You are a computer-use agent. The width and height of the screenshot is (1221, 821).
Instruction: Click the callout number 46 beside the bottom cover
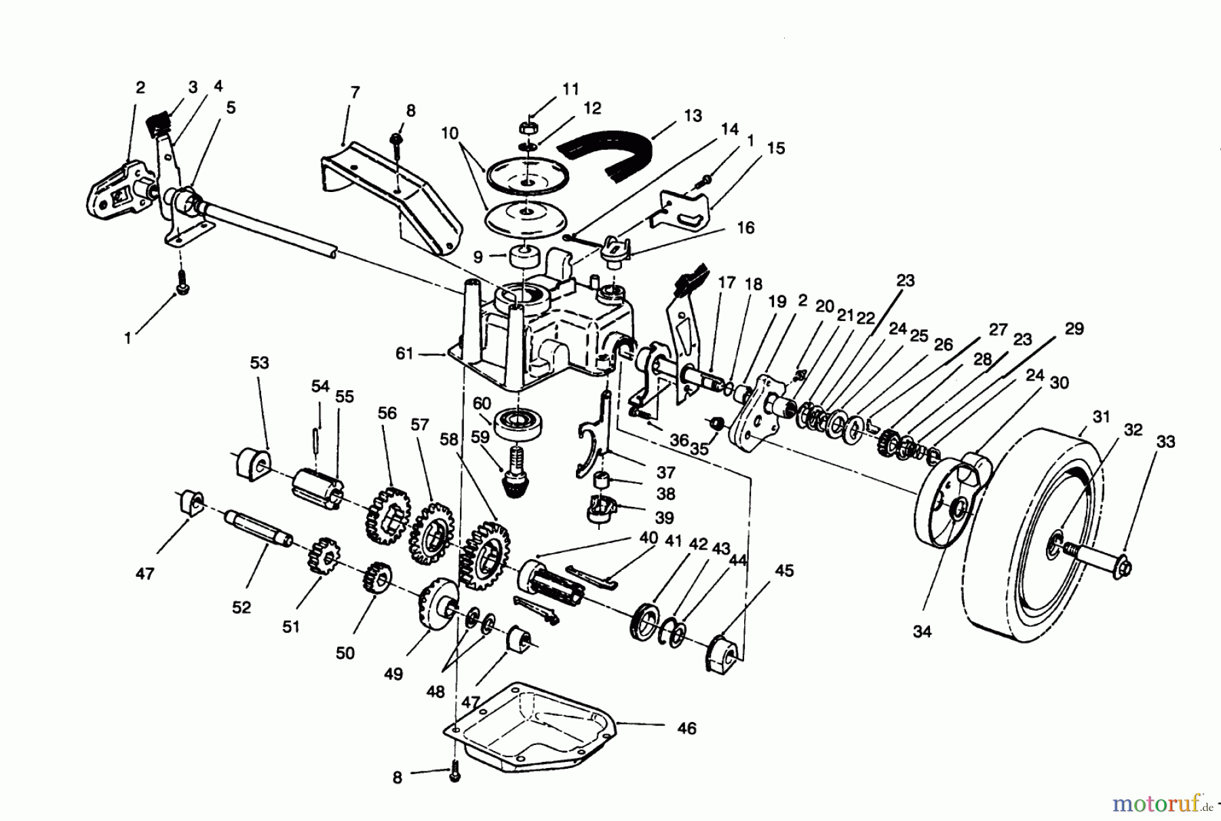coord(686,729)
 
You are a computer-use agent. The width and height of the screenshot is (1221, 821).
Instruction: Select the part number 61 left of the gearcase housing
coord(404,354)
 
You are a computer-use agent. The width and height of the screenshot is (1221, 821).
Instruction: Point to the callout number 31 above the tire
coord(1102,417)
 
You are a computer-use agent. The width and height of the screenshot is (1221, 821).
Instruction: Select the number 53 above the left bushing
coord(259,363)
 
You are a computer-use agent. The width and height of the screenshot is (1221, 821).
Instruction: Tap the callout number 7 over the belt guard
coord(355,92)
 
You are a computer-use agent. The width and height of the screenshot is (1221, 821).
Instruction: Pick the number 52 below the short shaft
coord(241,607)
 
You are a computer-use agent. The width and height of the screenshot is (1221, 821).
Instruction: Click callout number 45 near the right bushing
coord(784,571)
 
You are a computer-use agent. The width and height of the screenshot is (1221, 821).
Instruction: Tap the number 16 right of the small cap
coord(745,228)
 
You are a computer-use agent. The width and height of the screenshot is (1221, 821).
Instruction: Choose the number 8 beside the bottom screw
coord(398,778)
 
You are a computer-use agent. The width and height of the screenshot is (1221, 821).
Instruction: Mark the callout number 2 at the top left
coord(140,88)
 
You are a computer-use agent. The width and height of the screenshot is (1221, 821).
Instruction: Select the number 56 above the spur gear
coord(387,413)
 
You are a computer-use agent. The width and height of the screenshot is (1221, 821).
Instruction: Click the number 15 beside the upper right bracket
coord(775,148)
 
